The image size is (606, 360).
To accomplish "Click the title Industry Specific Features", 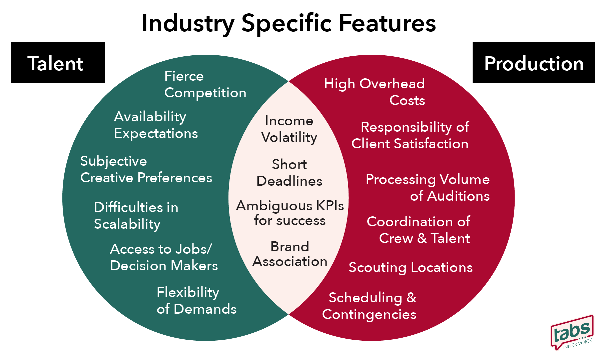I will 288,23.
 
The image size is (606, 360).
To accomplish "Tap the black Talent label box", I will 58,63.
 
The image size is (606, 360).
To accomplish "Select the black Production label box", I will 534,63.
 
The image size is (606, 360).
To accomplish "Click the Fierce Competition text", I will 205,85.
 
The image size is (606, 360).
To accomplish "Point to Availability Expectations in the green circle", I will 156,125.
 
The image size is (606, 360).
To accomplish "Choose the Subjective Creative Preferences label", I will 146,169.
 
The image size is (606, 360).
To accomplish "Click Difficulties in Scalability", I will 136,216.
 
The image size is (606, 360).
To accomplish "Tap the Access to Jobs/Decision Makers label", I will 164,257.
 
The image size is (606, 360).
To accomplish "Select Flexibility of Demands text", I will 196,301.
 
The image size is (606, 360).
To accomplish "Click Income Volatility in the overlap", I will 289,129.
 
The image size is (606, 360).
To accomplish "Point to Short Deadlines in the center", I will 289,173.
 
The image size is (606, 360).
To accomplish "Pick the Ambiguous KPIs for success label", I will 290,213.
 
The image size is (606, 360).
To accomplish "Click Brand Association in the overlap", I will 290,254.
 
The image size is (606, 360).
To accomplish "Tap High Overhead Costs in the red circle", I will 375,92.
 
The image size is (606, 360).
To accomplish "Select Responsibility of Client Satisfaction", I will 410,135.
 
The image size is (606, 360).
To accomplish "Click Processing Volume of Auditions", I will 428,188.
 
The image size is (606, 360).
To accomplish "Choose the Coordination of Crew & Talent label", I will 418,230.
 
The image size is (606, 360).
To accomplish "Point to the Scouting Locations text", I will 411,267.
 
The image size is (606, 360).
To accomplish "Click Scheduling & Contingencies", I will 370,306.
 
